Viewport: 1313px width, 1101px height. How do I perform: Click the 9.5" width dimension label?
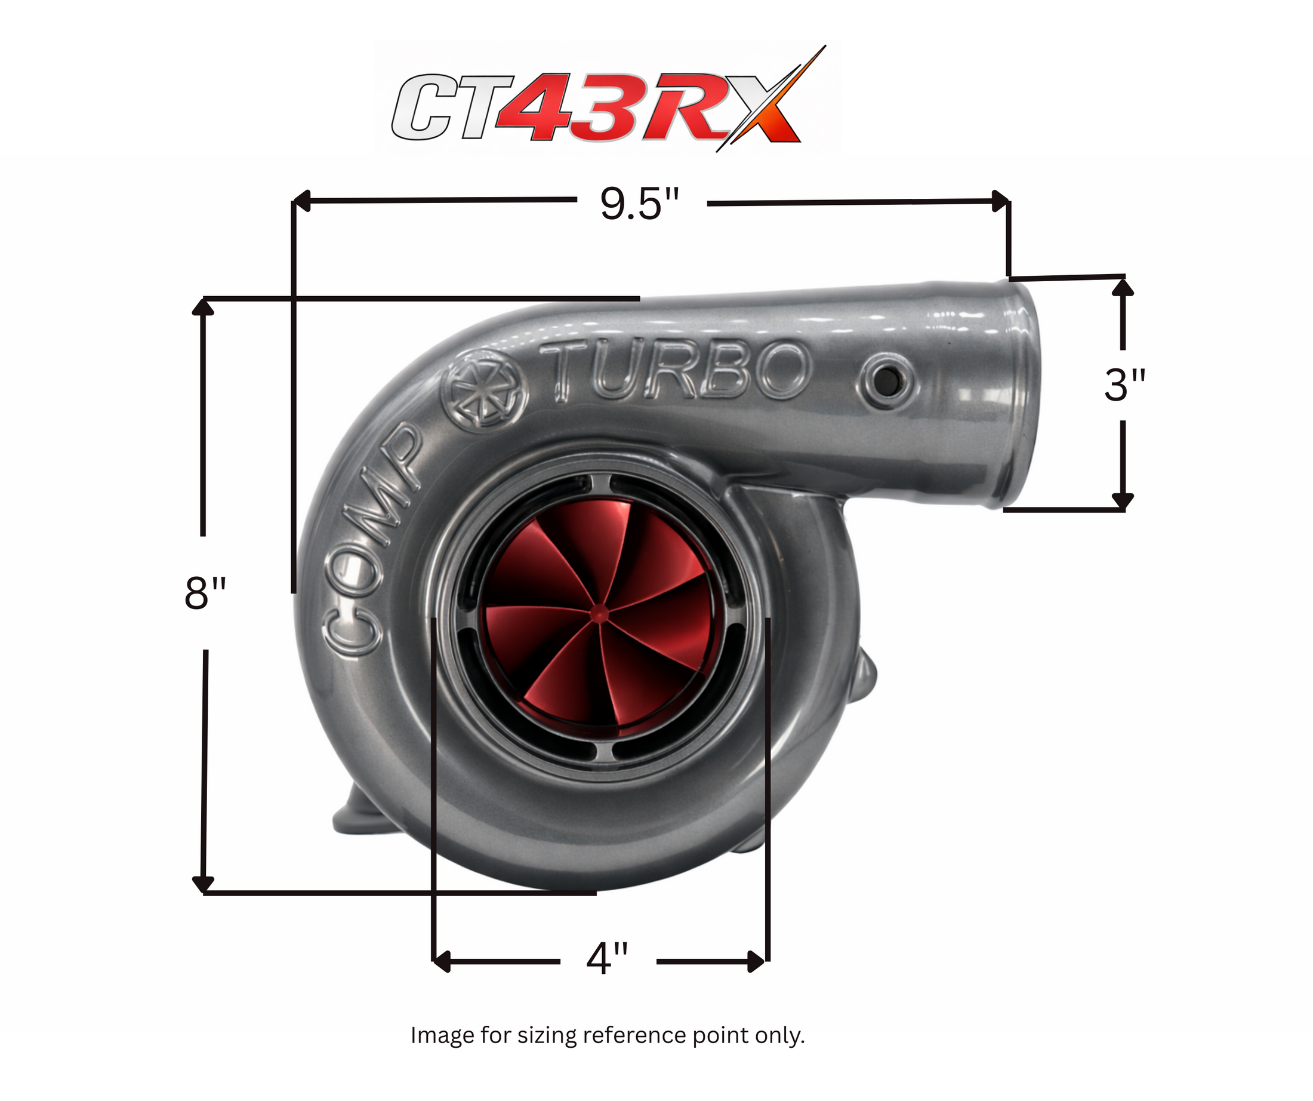(639, 204)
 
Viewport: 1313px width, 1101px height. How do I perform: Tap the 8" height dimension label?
(205, 593)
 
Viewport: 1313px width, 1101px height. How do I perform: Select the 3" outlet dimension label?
(1124, 385)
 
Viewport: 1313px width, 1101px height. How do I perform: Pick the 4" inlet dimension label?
(607, 958)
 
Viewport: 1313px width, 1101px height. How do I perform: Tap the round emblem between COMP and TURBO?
(485, 389)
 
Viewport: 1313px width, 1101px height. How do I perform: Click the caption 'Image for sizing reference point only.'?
(607, 1035)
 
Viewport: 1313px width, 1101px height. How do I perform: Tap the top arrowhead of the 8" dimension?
(202, 306)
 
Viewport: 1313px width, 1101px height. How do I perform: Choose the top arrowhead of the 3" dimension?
(1123, 287)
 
